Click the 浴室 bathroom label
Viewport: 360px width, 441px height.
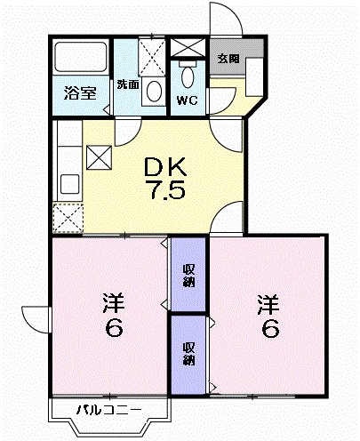point(79,92)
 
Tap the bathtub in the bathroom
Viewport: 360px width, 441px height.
point(80,60)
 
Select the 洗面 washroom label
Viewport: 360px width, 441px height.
point(128,85)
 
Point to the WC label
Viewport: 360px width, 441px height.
point(187,100)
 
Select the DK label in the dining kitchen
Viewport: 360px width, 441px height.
point(166,166)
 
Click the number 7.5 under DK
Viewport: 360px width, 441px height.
point(166,190)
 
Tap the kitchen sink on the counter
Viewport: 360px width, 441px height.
point(68,186)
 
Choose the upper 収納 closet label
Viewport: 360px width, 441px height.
point(189,275)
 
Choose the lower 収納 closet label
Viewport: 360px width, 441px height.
point(189,353)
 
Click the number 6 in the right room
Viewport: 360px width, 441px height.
point(270,328)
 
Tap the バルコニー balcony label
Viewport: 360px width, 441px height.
point(108,410)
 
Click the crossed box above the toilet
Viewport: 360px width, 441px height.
point(188,48)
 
